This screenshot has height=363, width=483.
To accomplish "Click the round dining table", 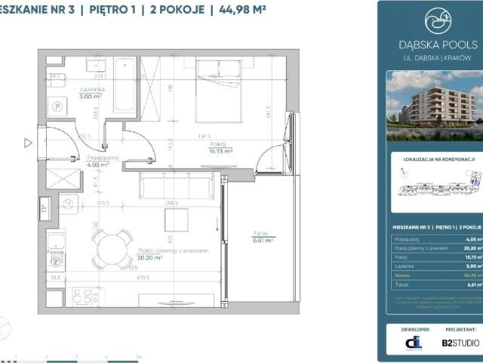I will click(111, 248).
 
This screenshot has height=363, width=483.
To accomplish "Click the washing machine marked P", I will click(57, 107).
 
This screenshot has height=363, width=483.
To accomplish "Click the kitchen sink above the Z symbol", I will click(55, 244).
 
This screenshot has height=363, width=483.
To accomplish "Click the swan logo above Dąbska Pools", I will click(438, 21).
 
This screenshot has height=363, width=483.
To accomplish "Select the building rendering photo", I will click(434, 106).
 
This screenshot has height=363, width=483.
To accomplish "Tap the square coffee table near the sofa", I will click(177, 219).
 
